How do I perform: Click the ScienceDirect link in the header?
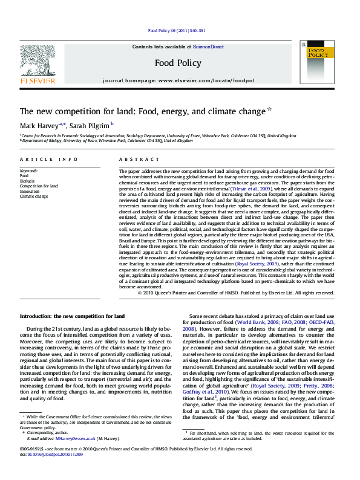tap(208, 47)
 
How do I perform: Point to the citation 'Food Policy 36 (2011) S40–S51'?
tap(178, 30)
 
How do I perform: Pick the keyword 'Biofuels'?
tap(27, 181)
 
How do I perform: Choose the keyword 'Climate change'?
tap(34, 196)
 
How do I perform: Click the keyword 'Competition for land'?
tap(39, 186)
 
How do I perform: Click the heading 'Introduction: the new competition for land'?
tap(73, 316)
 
